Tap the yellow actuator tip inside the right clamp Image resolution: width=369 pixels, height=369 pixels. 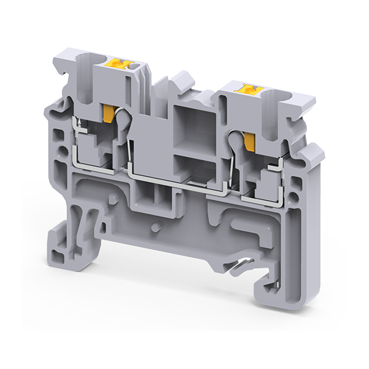coord(249,141)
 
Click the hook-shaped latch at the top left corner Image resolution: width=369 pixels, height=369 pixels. coord(61,77)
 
